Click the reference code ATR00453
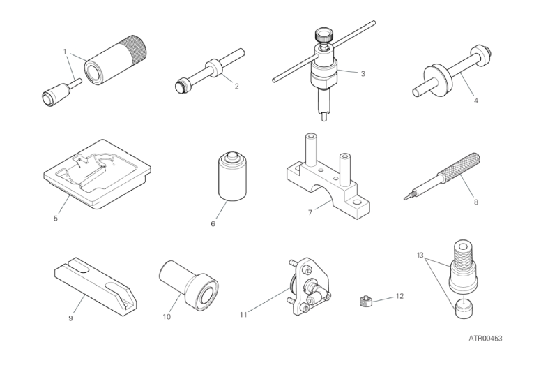tap(485, 339)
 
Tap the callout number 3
tap(363, 73)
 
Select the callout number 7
tap(310, 212)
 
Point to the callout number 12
tap(399, 296)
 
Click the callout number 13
tap(420, 256)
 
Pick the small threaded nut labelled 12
tap(364, 302)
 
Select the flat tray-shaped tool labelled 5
tap(98, 174)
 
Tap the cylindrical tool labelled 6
tap(232, 176)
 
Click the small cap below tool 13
tap(463, 309)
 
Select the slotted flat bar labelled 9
tap(96, 286)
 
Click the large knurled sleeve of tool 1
tap(117, 60)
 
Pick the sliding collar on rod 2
tap(214, 68)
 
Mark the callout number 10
tap(167, 317)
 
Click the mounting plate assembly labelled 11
tap(310, 286)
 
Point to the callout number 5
tap(56, 219)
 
